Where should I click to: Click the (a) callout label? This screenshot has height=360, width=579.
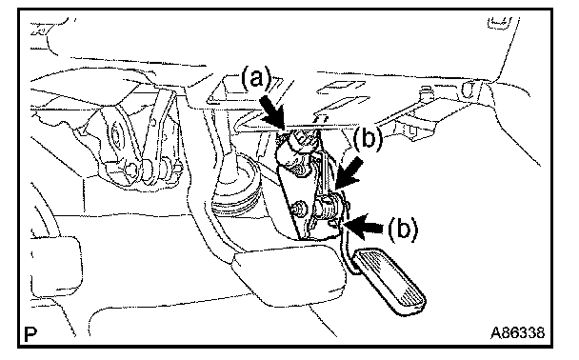tap(256, 78)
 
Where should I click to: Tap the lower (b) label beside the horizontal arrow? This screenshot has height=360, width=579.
tap(402, 229)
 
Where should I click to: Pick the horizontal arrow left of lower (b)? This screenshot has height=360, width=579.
tap(365, 224)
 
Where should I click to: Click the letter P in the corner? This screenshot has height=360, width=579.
tap(30, 334)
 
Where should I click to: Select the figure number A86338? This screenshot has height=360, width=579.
tap(517, 332)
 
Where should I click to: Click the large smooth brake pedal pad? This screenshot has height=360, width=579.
tap(289, 274)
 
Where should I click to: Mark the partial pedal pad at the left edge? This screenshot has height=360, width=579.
tap(55, 267)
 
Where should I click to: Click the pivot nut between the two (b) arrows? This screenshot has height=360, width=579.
tap(330, 206)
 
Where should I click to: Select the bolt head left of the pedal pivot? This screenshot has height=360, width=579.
tap(300, 209)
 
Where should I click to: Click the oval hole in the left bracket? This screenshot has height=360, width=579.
tap(117, 137)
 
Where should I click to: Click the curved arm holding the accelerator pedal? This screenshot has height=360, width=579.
tap(347, 248)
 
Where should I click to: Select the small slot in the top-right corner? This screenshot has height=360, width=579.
tap(499, 21)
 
